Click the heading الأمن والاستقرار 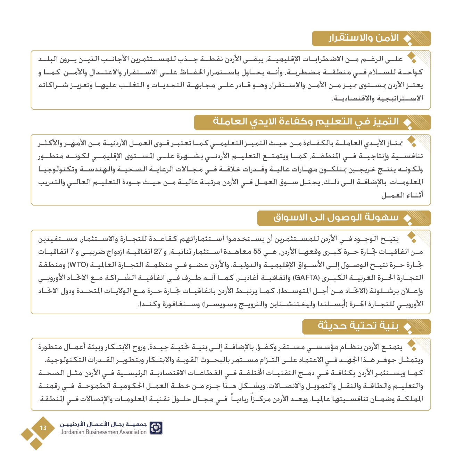[364, 38]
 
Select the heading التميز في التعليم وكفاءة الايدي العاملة [306, 122]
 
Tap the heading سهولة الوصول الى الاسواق [336, 218]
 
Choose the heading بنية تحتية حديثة [358, 326]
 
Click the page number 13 [43, 428]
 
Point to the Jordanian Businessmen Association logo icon [156, 428]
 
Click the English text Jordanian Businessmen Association [103, 432]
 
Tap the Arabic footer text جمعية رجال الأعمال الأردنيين [103, 424]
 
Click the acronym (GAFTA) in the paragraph [306, 278]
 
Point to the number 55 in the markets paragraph [257, 252]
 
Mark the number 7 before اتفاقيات [72, 252]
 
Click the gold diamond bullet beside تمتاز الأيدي [412, 140]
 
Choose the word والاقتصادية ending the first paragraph [354, 99]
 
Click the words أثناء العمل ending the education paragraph [402, 195]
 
